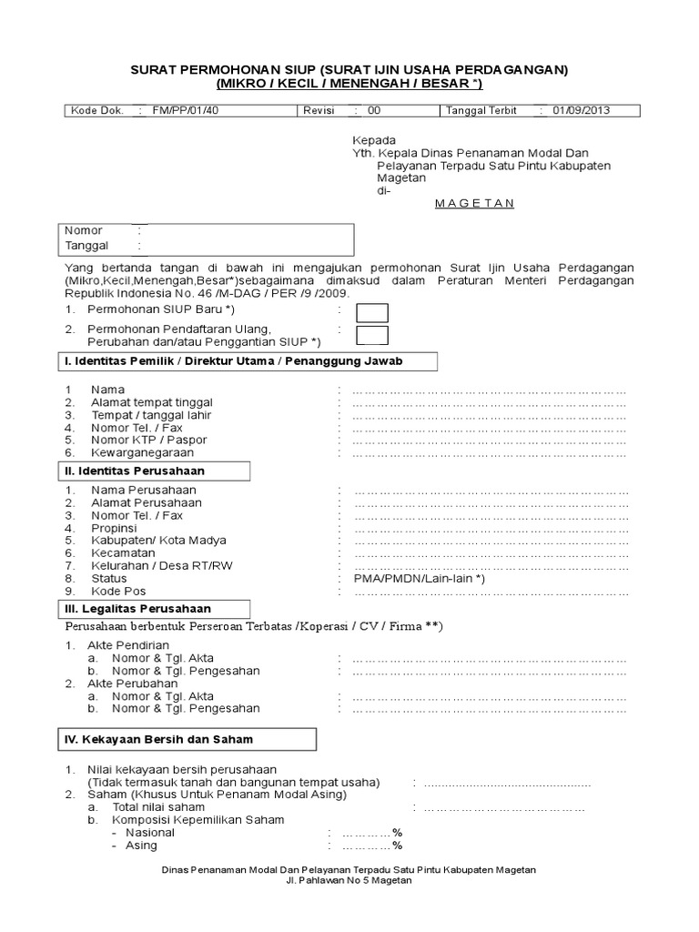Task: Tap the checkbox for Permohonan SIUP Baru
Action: [372, 312]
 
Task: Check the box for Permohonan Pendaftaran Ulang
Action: [372, 335]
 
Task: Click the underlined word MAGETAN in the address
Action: [474, 203]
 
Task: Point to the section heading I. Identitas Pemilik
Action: [233, 361]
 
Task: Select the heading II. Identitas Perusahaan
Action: [135, 471]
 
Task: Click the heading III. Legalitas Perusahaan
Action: [137, 608]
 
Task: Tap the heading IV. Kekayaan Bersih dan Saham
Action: [159, 739]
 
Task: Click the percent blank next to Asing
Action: [371, 845]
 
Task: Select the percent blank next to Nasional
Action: [371, 832]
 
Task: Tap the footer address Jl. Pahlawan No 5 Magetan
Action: [349, 881]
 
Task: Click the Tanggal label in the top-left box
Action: [86, 246]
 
